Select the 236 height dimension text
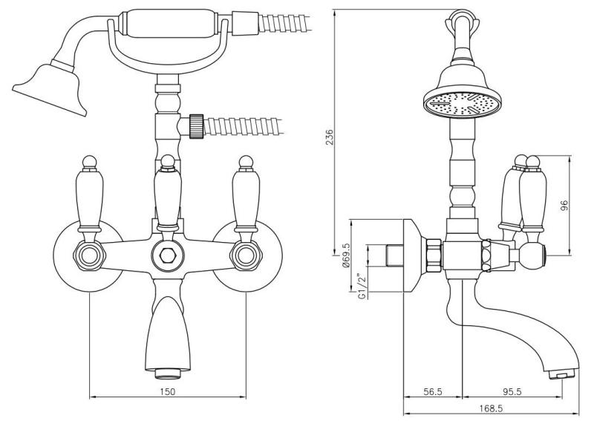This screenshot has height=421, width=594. click(x=330, y=137)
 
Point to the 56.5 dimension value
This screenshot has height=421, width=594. click(x=433, y=391)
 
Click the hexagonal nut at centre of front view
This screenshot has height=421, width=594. click(x=168, y=257)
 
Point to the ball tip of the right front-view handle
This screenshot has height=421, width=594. click(x=244, y=161)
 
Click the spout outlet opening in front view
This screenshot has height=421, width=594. click(x=168, y=369)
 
